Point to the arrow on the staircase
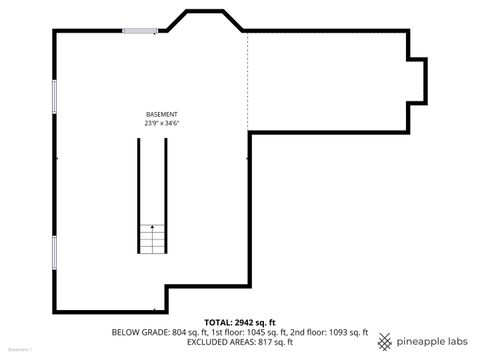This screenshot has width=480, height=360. click(152, 231)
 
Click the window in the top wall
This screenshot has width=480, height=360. click(140, 31)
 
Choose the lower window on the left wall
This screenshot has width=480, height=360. click(54, 252)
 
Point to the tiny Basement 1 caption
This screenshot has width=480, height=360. click(19, 351)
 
